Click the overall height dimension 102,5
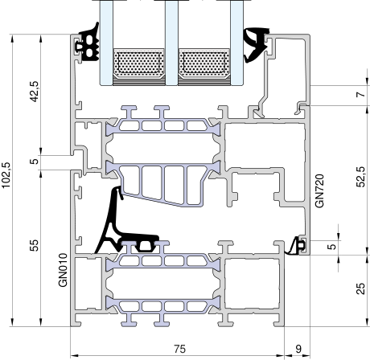[6, 175]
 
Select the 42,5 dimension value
[34, 92]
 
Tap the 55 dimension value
[34, 245]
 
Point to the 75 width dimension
[179, 349]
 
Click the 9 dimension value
[298, 349]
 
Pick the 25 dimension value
[361, 288]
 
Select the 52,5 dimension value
[361, 177]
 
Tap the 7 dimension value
[361, 95]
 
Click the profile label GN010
[63, 270]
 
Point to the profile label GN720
[319, 190]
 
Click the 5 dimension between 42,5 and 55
[34, 162]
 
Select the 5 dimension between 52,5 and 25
[332, 247]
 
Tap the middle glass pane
[171, 43]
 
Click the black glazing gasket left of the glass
[88, 44]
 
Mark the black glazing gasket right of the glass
[255, 45]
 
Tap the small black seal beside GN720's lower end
[296, 247]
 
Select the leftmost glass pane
[106, 43]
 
